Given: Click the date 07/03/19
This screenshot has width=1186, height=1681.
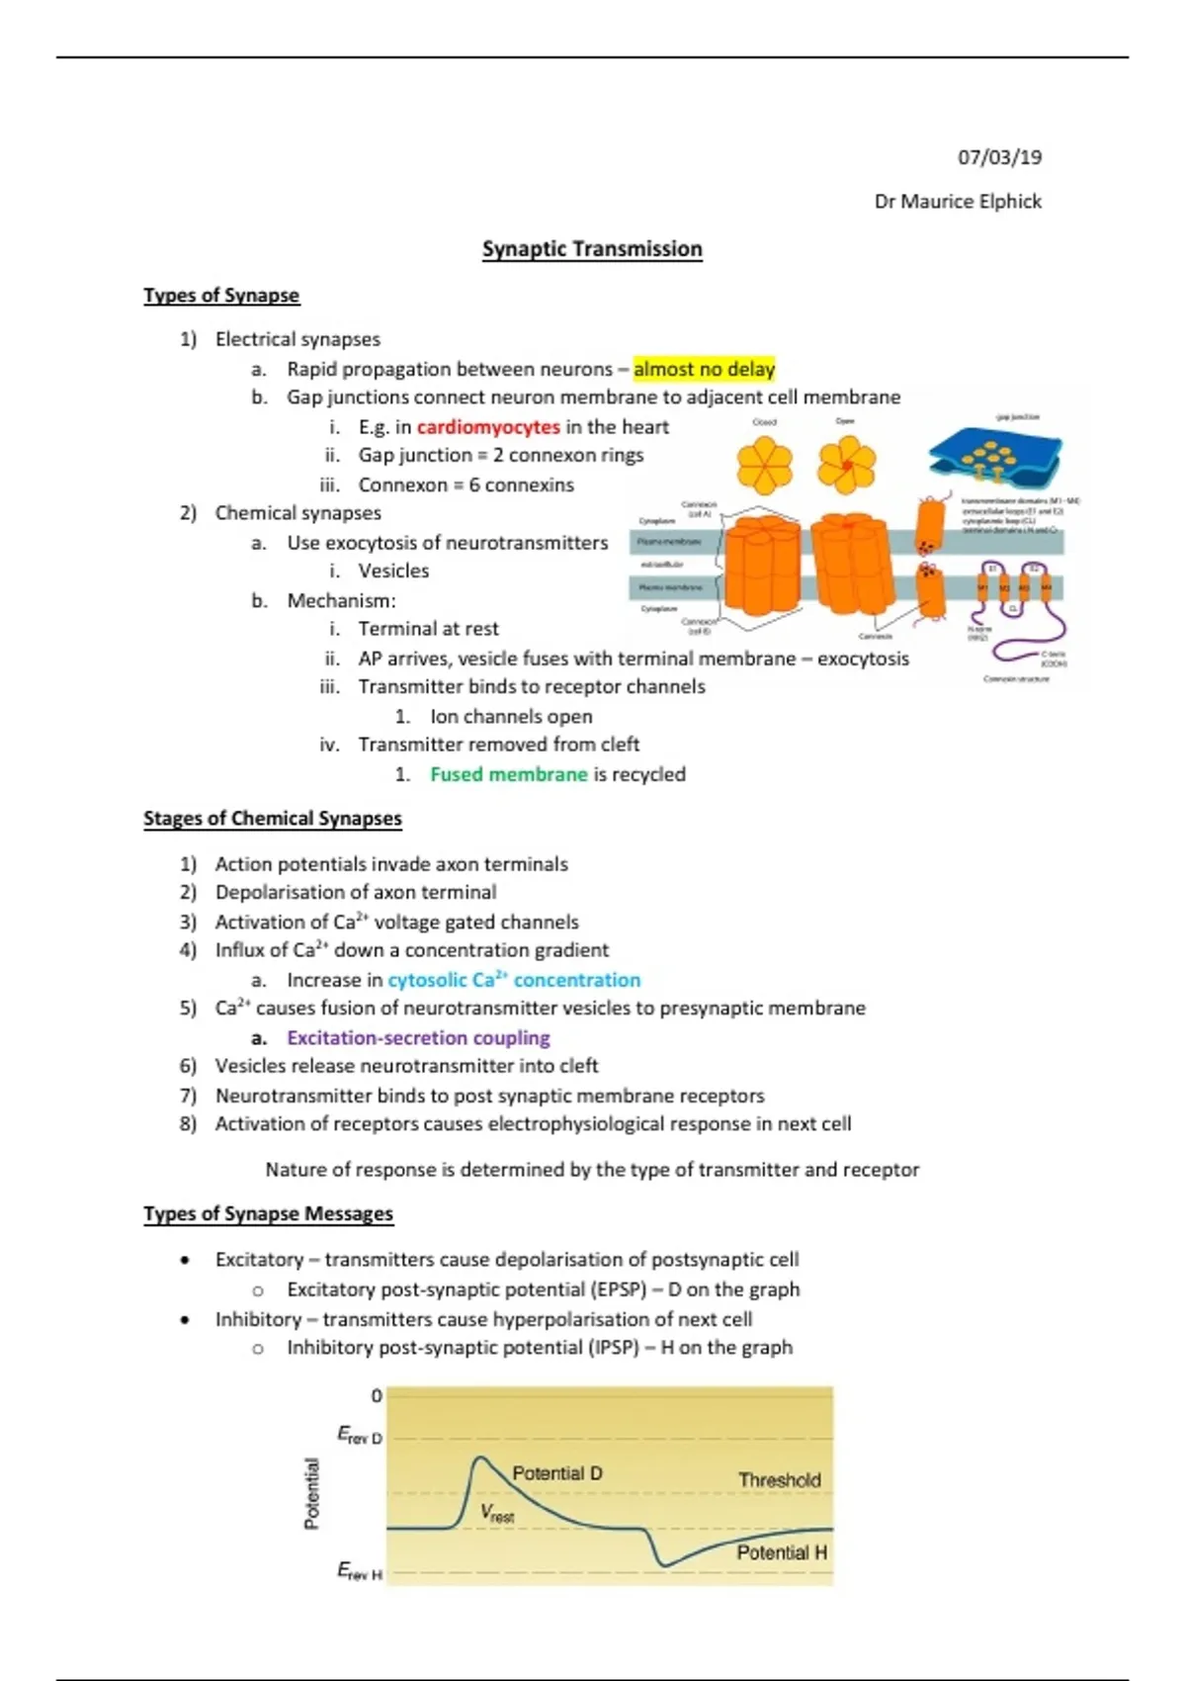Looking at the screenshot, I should coord(999,157).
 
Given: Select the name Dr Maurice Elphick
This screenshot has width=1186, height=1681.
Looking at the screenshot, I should coord(958,202).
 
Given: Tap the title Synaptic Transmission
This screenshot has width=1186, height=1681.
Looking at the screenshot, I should coord(592,249).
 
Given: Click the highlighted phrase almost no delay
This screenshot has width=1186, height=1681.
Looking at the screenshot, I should coord(704,369).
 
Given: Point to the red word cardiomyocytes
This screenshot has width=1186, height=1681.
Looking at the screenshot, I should coord(488,427).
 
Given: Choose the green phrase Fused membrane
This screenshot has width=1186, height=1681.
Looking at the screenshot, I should coord(508,774).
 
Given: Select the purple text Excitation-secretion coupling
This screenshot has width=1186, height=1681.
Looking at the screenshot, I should coord(418,1037).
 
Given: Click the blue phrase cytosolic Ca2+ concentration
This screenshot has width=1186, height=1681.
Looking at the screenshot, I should coord(514,980).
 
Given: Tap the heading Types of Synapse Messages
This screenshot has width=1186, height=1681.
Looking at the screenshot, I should coord(268,1213).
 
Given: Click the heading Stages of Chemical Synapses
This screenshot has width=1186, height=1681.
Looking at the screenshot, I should coord(272,819).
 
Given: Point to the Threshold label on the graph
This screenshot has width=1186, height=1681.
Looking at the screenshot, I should coord(780,1480).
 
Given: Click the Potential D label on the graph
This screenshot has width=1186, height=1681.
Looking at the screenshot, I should coord(556,1473).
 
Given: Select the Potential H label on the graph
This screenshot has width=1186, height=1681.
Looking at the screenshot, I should coord(782,1552).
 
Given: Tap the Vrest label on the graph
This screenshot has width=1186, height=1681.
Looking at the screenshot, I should coord(497,1513).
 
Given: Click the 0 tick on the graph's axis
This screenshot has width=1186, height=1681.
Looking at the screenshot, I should coord(376,1396).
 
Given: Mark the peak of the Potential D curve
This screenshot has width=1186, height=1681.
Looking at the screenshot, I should coord(480,1458).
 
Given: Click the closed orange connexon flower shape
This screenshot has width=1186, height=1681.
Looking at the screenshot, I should coord(765,466).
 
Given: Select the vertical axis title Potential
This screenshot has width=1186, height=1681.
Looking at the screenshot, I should coord(312,1493).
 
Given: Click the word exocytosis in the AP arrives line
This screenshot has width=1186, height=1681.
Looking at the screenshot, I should coord(863,659).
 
